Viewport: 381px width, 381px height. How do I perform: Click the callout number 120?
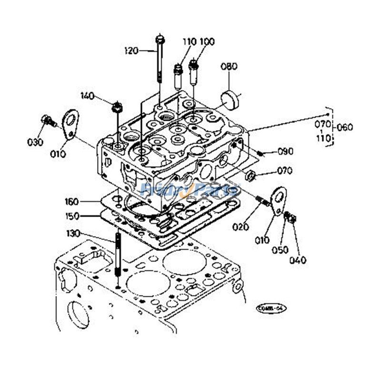point(131,50)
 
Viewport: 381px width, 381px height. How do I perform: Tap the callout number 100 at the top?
point(207,41)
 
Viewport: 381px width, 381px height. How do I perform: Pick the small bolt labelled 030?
point(47,120)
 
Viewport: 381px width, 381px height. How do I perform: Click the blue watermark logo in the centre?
point(190,191)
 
